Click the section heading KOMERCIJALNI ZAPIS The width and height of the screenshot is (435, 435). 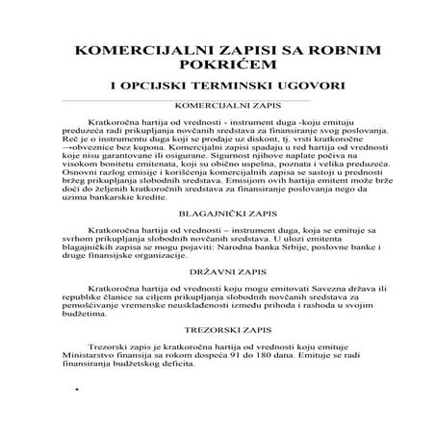point(217,106)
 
